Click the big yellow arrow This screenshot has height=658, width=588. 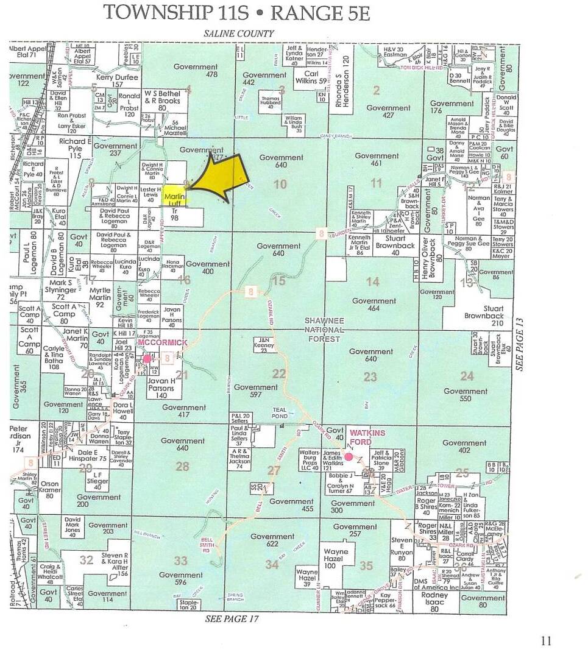[x=219, y=177]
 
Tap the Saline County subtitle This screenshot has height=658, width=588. [x=239, y=34]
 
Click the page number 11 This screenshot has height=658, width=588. [x=545, y=640]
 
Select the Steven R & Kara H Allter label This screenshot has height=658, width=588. [x=115, y=559]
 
